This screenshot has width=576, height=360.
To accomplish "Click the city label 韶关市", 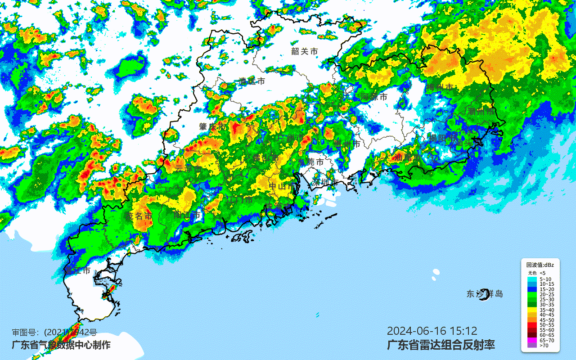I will tap(304, 51).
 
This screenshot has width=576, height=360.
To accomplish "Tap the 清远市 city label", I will tap(252, 81).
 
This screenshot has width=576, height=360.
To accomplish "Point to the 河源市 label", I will tap(373, 97).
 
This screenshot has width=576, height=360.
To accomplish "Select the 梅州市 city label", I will tap(440, 87).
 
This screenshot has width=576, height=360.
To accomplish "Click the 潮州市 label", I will tap(481, 111).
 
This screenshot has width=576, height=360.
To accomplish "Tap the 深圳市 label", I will tap(325, 182).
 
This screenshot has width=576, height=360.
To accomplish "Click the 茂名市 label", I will tap(139, 216).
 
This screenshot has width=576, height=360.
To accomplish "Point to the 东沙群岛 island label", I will tap(484, 294).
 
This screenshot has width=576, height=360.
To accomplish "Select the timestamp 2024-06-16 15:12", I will tap(432, 331).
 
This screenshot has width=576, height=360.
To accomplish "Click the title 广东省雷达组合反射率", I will tap(441, 345).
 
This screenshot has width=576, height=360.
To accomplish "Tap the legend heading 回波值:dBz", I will tap(540, 265).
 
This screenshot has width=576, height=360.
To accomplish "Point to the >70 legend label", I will tap(544, 345).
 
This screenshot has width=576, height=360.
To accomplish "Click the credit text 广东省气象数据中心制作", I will tap(61, 345).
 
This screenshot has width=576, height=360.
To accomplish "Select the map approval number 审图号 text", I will tap(54, 333).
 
